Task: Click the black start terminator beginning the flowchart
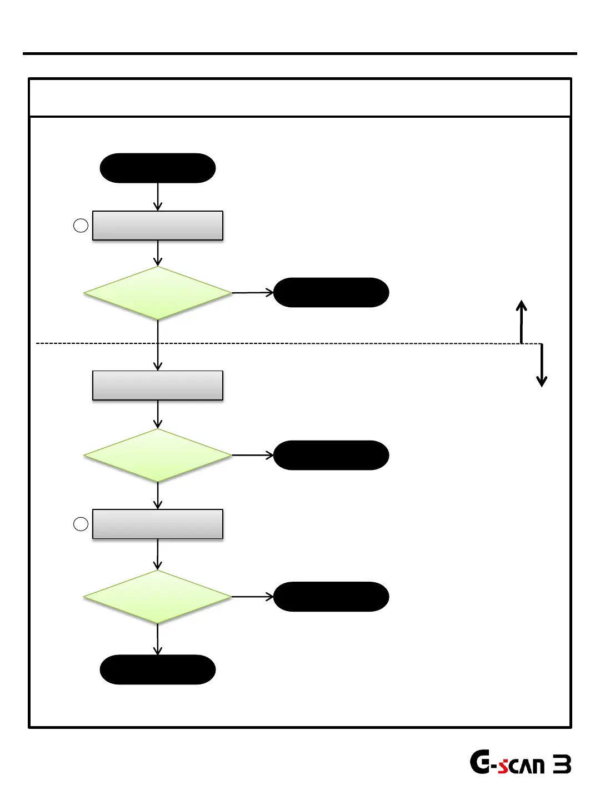(158, 168)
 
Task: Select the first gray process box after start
(158, 226)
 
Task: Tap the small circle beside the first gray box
(81, 226)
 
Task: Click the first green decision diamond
(158, 293)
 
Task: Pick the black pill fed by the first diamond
(331, 292)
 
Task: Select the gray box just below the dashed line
(158, 386)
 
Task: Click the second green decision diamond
(158, 456)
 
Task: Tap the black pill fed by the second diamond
(331, 455)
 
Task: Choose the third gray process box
(158, 524)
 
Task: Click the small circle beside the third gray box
(81, 524)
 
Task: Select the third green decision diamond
(158, 597)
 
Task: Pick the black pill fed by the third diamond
(331, 597)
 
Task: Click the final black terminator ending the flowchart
(158, 669)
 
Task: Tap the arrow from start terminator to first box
(158, 197)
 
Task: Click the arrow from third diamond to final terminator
(158, 639)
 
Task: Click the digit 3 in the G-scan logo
(562, 765)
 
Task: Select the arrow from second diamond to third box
(158, 496)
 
